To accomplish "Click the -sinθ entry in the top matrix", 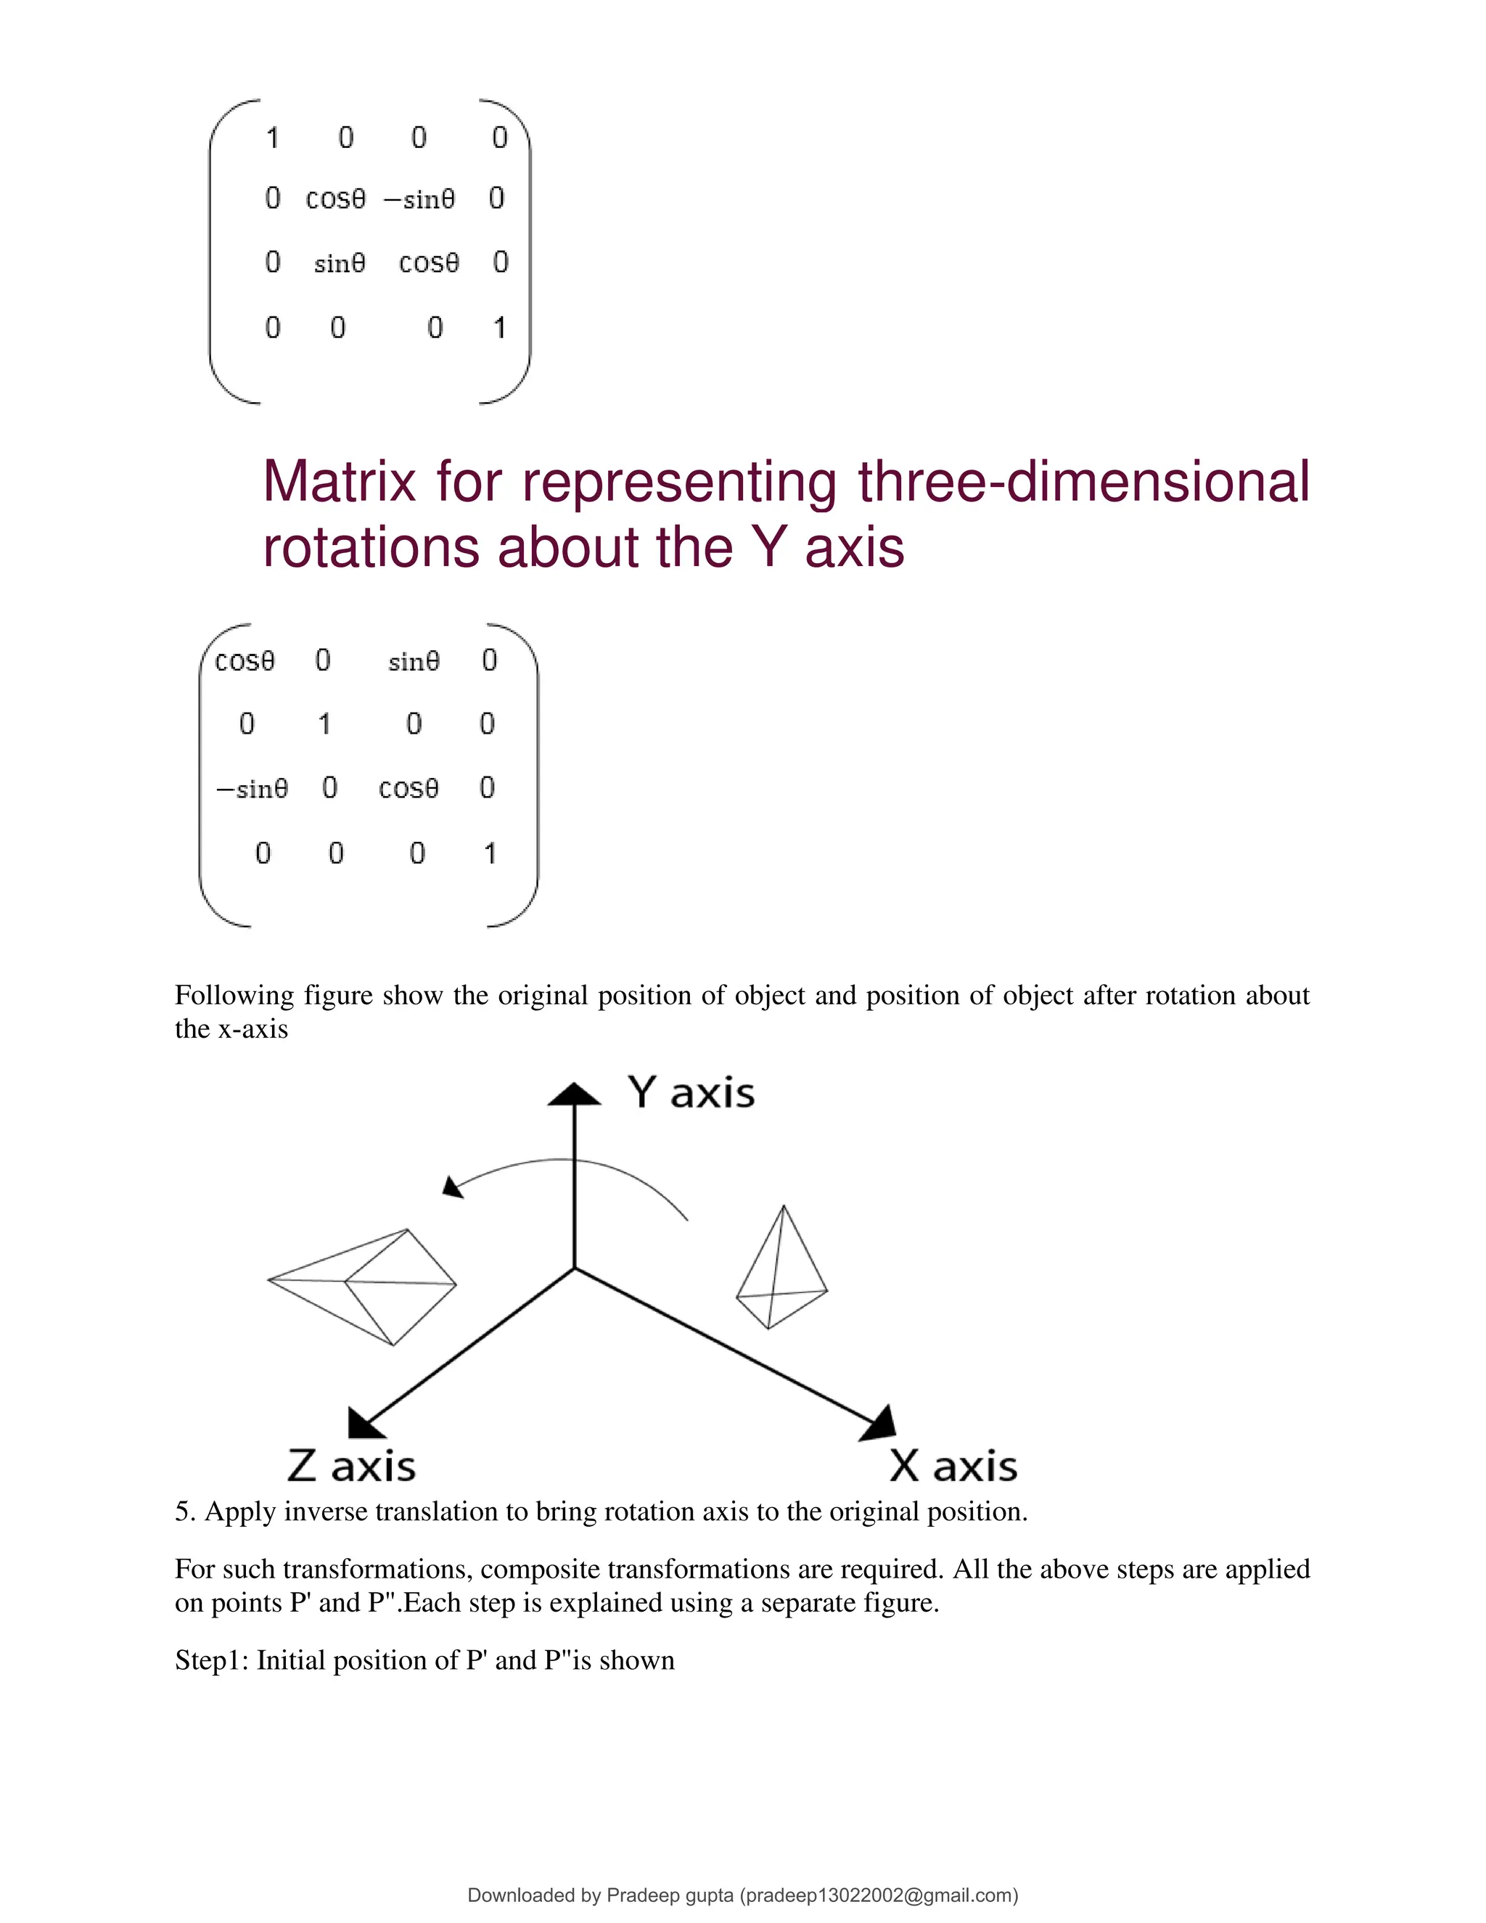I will [x=419, y=200].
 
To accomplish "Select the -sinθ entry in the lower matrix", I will [x=252, y=788].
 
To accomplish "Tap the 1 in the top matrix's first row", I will [x=272, y=137].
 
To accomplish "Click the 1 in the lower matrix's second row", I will [x=324, y=723].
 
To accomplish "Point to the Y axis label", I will [x=691, y=1093].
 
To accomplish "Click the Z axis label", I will [x=350, y=1467].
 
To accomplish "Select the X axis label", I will [x=953, y=1467].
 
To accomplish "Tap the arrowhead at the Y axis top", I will [x=574, y=1094].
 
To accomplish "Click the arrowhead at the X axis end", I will [x=881, y=1424].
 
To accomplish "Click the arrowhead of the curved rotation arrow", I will [x=451, y=1188].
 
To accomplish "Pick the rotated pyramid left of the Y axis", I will [x=370, y=1286].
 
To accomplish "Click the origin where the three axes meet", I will [x=575, y=1268].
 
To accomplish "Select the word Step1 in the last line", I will [x=211, y=1660].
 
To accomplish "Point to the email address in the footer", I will [x=879, y=1895].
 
